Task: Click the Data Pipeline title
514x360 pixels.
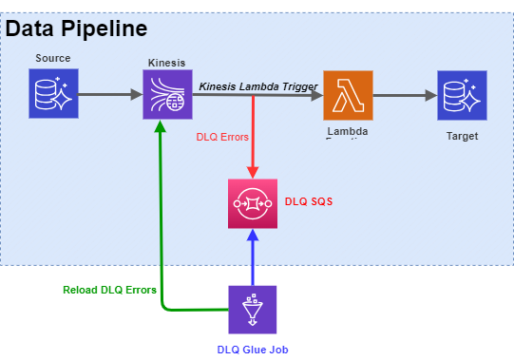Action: [x=76, y=28]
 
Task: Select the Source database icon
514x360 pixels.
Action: [x=52, y=94]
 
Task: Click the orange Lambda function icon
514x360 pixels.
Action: [x=348, y=94]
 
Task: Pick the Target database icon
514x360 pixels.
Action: [x=462, y=94]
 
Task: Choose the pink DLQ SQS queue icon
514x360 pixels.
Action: [x=253, y=203]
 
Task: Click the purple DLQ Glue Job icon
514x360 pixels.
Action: [x=253, y=310]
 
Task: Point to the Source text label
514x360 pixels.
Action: [x=52, y=58]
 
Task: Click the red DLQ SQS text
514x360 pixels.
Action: [x=309, y=202]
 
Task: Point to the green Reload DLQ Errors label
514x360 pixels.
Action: [x=109, y=290]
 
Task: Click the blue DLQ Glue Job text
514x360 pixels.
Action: [x=252, y=350]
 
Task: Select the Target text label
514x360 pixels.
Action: [x=462, y=136]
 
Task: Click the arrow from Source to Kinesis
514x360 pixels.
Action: [x=109, y=95]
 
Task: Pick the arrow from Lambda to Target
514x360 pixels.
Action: [x=404, y=95]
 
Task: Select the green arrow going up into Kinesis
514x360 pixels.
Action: [x=162, y=218]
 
